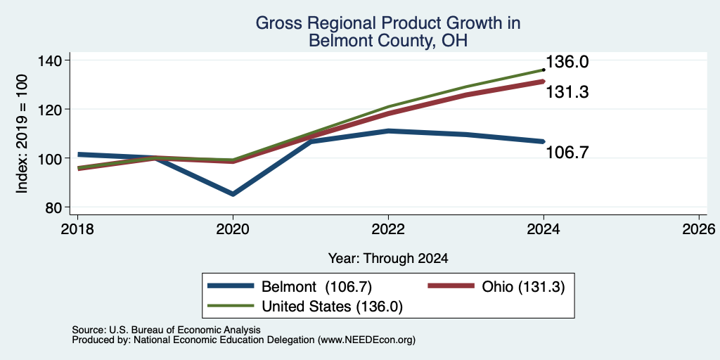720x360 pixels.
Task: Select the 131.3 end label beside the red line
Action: pos(567,92)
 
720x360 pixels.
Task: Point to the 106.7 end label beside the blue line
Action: pos(567,152)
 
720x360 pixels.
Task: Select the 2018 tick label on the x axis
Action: pos(77,229)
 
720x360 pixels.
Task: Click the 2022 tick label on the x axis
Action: pos(388,229)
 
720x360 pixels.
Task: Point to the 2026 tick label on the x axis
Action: pos(700,229)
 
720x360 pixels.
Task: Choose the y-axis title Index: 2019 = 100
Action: pos(22,134)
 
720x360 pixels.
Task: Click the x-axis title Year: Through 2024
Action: pos(388,259)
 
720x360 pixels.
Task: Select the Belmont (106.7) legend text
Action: pos(316,287)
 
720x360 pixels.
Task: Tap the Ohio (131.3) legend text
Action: pos(523,287)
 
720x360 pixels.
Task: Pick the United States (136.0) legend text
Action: pos(332,307)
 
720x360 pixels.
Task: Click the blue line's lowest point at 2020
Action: pos(233,194)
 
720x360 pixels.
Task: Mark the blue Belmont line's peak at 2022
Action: pos(388,131)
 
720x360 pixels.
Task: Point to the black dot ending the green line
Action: pos(544,70)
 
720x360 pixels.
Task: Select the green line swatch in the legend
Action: pos(231,305)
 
